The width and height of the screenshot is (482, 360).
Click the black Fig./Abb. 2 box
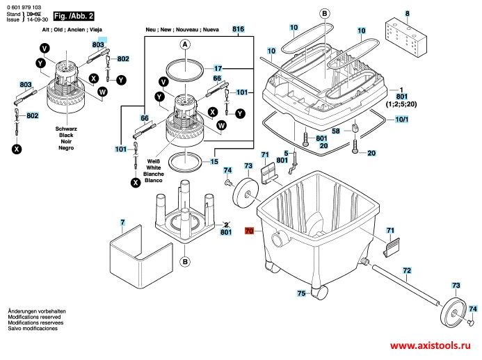tap(77, 15)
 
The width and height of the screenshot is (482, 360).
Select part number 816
tap(239, 29)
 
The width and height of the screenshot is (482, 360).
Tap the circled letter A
tap(186, 44)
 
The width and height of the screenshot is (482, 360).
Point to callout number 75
tap(301, 294)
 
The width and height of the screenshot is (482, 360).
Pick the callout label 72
tap(408, 270)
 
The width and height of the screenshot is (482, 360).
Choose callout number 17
tap(217, 69)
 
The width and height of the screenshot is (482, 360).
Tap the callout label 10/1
tap(402, 120)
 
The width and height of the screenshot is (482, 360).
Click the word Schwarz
tap(66, 129)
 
